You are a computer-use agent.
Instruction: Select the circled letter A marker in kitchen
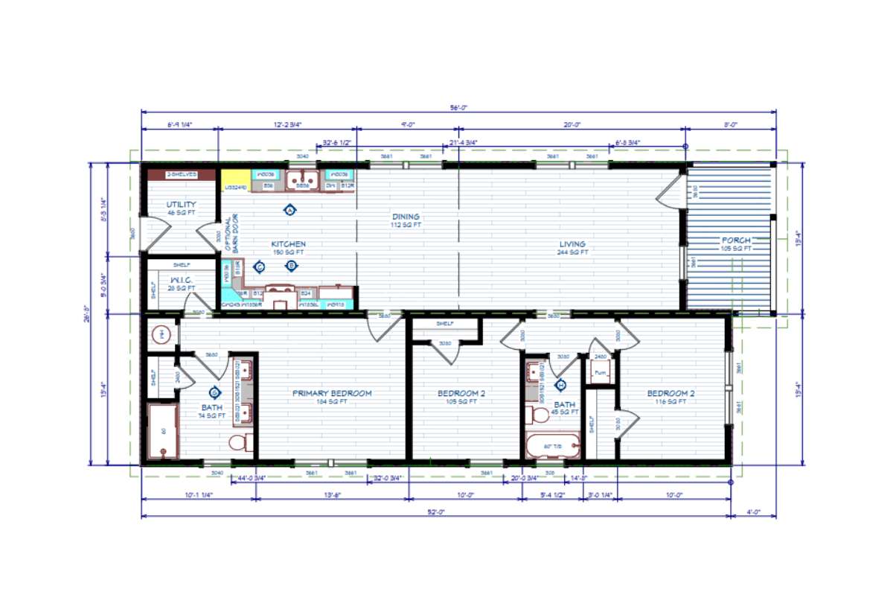click(289, 210)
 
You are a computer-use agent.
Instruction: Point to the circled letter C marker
click(260, 266)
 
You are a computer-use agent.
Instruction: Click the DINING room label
click(406, 217)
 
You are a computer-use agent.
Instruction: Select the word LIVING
click(573, 243)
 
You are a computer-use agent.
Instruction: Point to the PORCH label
click(735, 240)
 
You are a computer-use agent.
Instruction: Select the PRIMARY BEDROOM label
click(331, 393)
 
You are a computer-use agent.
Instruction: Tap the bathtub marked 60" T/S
click(552, 446)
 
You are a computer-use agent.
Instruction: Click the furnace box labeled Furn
click(599, 372)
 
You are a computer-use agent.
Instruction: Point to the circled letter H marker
click(561, 385)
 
